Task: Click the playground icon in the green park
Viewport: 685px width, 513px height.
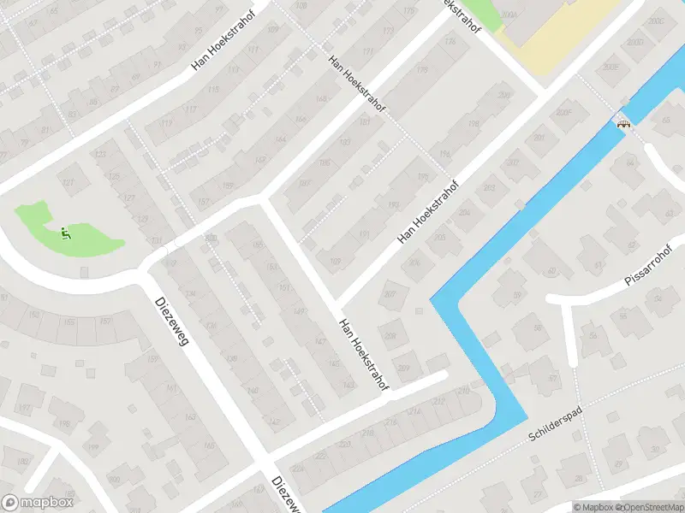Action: [x=65, y=231]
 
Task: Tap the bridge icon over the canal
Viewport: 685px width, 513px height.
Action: [x=624, y=121]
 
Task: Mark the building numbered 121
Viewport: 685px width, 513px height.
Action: [x=68, y=181]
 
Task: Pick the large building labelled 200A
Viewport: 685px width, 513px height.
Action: [x=512, y=15]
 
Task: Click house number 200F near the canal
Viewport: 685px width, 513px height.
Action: [x=562, y=112]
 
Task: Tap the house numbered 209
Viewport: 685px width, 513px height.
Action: [x=404, y=368]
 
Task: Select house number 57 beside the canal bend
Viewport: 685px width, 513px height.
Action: [x=552, y=378]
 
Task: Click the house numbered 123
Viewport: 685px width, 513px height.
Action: [x=100, y=154]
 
